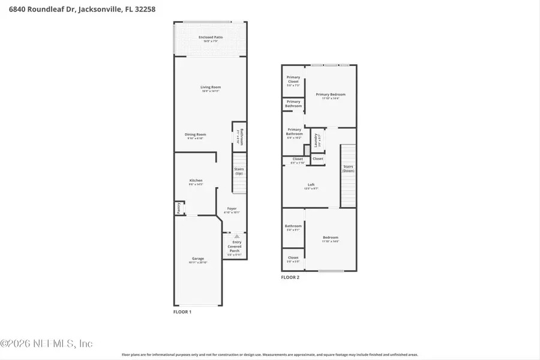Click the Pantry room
pos(178,208)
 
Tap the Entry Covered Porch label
pos(234,247)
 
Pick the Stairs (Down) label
pos(348,169)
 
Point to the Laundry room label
pos(316,140)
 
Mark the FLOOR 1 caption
pos(182,313)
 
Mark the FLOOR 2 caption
pos(290,277)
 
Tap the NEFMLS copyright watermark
pos(47,344)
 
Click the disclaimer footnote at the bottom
pos(270,355)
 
